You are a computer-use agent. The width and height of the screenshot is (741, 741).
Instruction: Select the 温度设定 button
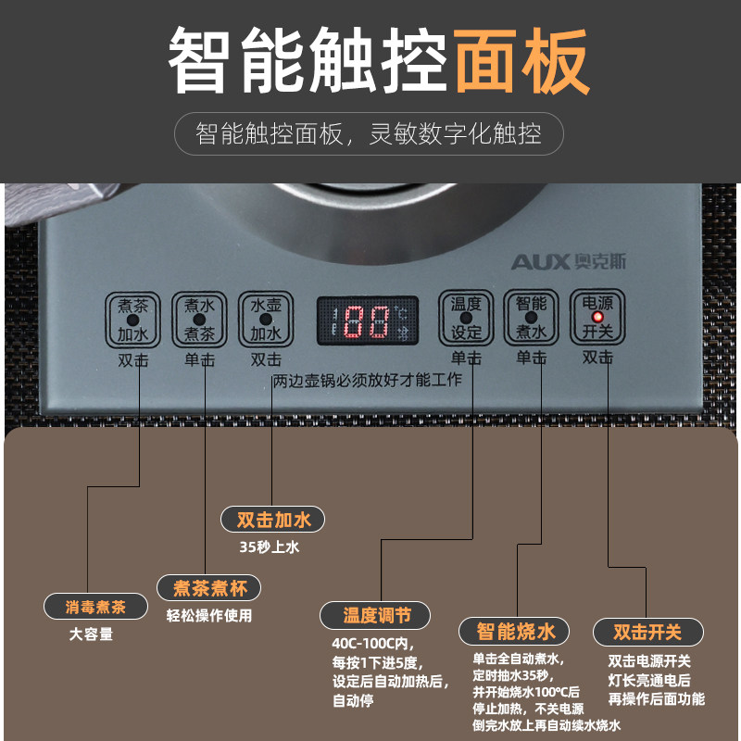(466, 318)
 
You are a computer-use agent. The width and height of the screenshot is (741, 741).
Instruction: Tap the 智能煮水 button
(532, 318)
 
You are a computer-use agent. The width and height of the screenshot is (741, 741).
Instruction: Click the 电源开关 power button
(597, 318)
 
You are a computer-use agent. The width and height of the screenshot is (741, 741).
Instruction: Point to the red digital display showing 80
(366, 321)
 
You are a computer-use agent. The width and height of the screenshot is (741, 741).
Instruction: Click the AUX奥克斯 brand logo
(568, 262)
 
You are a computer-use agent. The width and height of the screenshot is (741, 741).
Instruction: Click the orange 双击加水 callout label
(273, 519)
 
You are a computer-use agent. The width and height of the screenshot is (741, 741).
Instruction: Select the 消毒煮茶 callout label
(95, 608)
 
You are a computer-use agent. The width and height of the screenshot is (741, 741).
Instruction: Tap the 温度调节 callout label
(373, 615)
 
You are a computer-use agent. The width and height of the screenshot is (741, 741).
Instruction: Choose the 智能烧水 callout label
(516, 632)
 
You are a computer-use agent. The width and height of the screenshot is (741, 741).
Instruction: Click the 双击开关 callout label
(647, 633)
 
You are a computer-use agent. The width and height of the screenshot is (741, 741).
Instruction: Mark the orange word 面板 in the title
(521, 60)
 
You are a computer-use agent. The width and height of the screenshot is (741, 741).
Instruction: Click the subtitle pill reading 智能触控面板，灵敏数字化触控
(370, 134)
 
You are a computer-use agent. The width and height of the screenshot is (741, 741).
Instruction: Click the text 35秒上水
(270, 546)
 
